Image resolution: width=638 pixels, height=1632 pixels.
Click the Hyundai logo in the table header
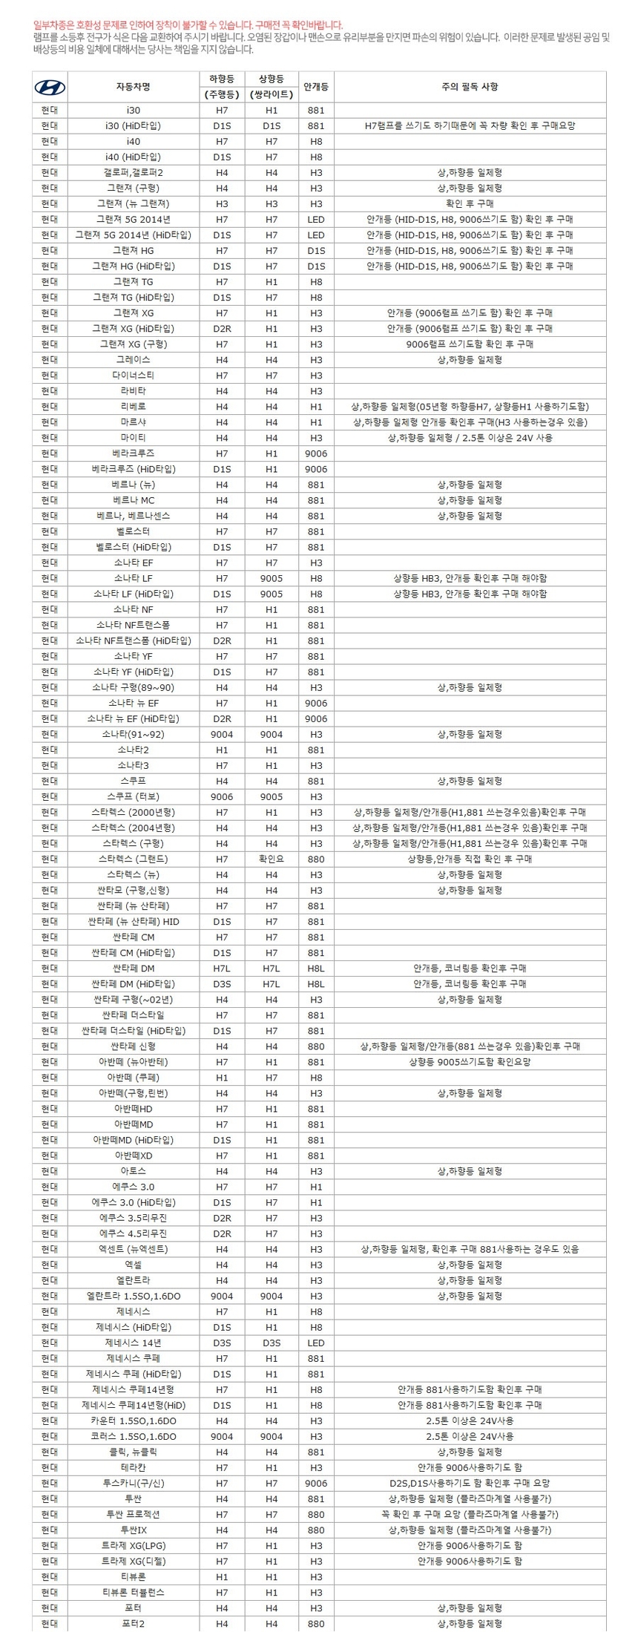[50, 88]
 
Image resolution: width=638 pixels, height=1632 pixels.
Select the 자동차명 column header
[134, 87]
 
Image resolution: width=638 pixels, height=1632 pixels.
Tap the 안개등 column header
[316, 87]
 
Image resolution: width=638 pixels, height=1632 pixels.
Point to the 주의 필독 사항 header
[470, 87]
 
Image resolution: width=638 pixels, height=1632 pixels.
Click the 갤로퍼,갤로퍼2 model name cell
[134, 173]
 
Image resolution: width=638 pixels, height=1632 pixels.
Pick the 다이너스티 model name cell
[134, 376]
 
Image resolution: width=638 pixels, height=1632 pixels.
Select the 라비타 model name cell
[134, 391]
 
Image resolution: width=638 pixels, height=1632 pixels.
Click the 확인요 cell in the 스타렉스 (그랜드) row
[272, 859]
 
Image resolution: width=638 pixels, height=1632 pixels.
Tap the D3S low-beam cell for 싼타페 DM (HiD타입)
[222, 984]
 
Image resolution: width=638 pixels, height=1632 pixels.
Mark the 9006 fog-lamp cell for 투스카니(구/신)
[316, 1484]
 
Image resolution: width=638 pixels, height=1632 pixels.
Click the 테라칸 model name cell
[134, 1468]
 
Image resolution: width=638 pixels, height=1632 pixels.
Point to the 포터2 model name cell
[134, 1624]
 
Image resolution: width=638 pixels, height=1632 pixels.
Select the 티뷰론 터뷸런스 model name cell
[134, 1593]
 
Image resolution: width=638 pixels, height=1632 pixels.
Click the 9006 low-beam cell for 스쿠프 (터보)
[222, 797]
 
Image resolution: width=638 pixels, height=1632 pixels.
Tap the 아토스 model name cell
[134, 1171]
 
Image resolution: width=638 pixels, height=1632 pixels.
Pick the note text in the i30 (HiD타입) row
[470, 126]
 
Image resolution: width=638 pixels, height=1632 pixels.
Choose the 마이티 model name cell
[134, 438]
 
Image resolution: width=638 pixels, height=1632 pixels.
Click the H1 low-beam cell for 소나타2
[222, 750]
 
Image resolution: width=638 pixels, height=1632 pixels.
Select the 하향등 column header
[222, 79]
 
